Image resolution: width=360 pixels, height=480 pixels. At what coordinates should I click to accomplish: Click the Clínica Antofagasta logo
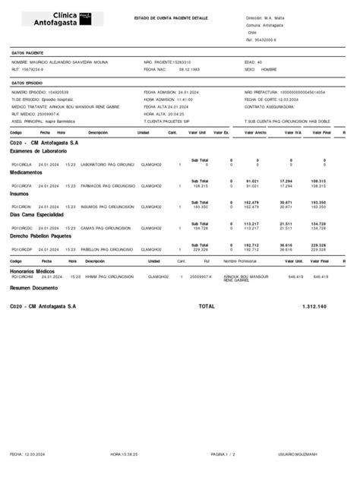click(x=62, y=19)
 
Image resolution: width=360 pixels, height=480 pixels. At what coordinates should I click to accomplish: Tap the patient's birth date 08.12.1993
click(x=190, y=69)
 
